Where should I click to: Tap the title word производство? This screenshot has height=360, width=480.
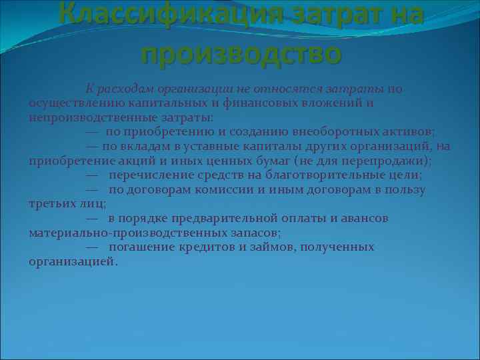[241, 52]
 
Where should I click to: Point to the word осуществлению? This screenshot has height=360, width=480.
[70, 103]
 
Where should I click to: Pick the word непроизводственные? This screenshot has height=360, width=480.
[85, 117]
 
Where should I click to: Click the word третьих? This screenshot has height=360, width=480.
[52, 204]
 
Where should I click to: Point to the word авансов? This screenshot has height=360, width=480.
[363, 218]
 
